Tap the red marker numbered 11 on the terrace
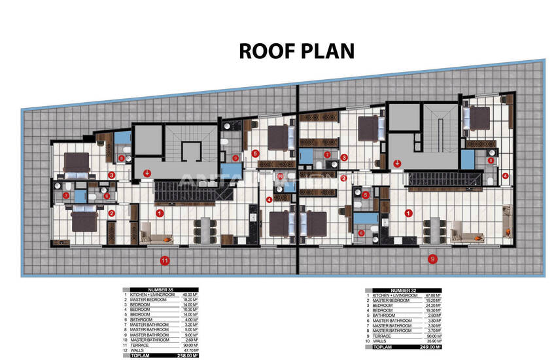click(x=165, y=261)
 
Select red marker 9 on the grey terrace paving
click(x=432, y=259)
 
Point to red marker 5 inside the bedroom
click(x=255, y=153)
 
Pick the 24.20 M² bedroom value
click(x=426, y=305)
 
